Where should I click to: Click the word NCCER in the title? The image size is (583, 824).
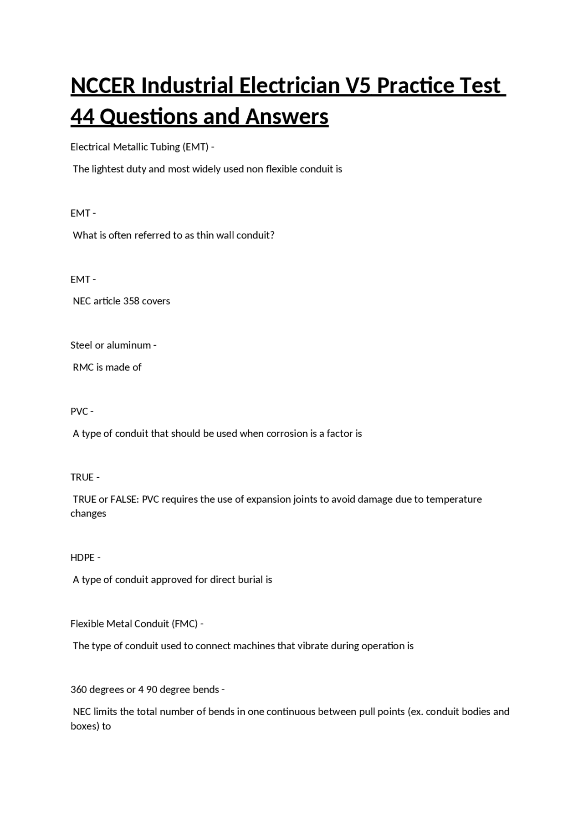(103, 86)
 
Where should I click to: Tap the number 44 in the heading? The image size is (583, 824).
(82, 116)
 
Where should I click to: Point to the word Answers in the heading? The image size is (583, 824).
(287, 116)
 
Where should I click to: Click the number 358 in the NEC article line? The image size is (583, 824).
(132, 301)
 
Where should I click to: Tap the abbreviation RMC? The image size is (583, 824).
(83, 367)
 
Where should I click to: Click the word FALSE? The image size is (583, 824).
(124, 499)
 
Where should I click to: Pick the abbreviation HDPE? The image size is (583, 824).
(82, 558)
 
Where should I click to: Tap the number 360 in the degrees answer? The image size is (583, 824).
(79, 690)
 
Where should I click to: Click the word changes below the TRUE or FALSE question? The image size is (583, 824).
(88, 514)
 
